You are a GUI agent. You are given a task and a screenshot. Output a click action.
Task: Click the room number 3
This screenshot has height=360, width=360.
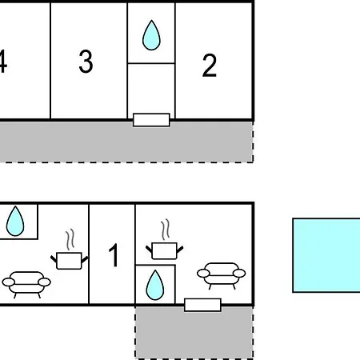click(86, 62)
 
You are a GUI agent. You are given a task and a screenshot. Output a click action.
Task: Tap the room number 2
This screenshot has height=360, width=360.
click(210, 66)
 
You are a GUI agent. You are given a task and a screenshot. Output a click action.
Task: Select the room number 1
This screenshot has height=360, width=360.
click(114, 255)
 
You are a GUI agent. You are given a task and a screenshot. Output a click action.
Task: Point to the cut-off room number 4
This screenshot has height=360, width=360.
click(2, 62)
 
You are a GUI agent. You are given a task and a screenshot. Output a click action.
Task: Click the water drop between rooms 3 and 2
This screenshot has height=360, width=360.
click(151, 35)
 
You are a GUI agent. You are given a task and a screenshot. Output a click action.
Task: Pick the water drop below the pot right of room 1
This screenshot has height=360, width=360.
click(155, 285)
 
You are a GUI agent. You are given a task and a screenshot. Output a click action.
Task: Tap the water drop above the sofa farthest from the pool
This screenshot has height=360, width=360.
click(15, 221)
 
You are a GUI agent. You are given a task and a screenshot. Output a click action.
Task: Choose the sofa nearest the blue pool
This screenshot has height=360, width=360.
click(222, 275)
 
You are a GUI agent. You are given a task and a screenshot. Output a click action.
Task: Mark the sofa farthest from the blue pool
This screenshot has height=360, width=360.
click(26, 284)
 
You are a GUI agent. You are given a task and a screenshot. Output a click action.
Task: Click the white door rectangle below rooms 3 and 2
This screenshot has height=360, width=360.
click(151, 120)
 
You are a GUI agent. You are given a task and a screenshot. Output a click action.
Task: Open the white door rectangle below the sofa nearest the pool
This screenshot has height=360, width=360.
click(202, 305)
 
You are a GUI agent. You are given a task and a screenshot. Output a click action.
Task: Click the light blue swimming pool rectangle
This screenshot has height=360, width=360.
click(326, 255)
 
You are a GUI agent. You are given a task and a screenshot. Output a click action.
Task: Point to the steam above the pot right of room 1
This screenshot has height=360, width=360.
click(166, 229)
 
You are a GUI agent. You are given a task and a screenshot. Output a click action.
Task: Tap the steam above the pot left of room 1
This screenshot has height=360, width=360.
click(70, 239)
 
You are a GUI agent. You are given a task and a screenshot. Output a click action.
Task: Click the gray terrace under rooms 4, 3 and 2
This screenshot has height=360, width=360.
click(126, 142)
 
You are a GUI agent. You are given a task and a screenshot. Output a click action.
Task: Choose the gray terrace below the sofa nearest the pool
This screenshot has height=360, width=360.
click(194, 332)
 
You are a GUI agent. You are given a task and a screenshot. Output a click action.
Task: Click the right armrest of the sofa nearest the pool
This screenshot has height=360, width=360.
click(239, 274)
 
